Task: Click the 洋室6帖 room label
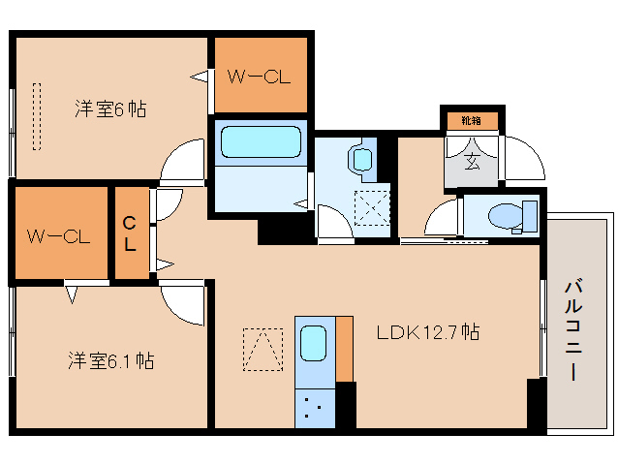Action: point(111,108)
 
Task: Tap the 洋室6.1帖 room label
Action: point(111,360)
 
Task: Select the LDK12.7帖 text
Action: point(427,332)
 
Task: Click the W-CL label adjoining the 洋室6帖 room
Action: point(259,76)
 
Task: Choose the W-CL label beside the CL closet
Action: point(58,234)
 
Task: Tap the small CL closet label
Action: point(129,233)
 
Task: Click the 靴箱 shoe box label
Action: point(471,121)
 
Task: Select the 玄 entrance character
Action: point(472,160)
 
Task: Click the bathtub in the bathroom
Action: point(261,143)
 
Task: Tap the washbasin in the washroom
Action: point(361,159)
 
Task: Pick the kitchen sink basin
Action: point(313,342)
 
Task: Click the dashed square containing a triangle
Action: point(262,349)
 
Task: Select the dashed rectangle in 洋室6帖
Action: point(38,116)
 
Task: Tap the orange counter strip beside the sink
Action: point(344,348)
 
